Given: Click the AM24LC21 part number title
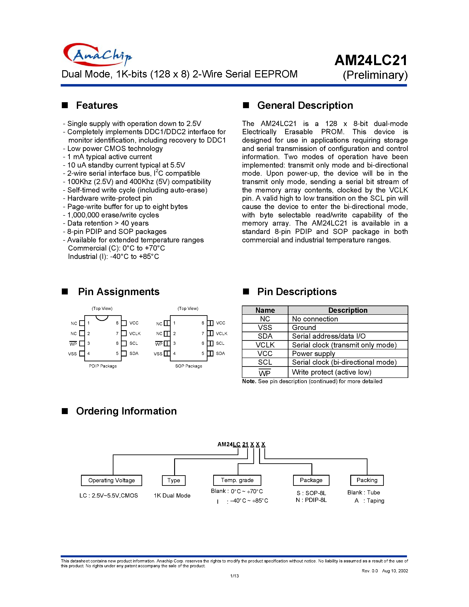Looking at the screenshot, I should [371, 60].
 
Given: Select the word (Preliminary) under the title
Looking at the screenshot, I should [375, 75].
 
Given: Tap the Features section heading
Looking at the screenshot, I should [97, 105].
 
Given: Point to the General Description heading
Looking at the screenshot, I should [305, 105].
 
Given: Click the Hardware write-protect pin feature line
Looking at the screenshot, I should [109, 198].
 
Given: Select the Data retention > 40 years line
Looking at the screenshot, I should [108, 223].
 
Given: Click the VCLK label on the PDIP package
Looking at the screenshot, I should [135, 334].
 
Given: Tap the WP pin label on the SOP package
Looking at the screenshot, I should [159, 344].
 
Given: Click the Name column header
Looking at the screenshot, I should [265, 310].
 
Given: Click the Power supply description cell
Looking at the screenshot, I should [313, 354].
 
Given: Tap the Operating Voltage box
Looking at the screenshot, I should [111, 480].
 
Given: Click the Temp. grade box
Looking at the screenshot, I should [237, 480].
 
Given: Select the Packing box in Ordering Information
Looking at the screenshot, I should [367, 480].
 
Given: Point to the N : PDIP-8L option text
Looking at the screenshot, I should [311, 500].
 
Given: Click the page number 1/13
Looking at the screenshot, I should [234, 576].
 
